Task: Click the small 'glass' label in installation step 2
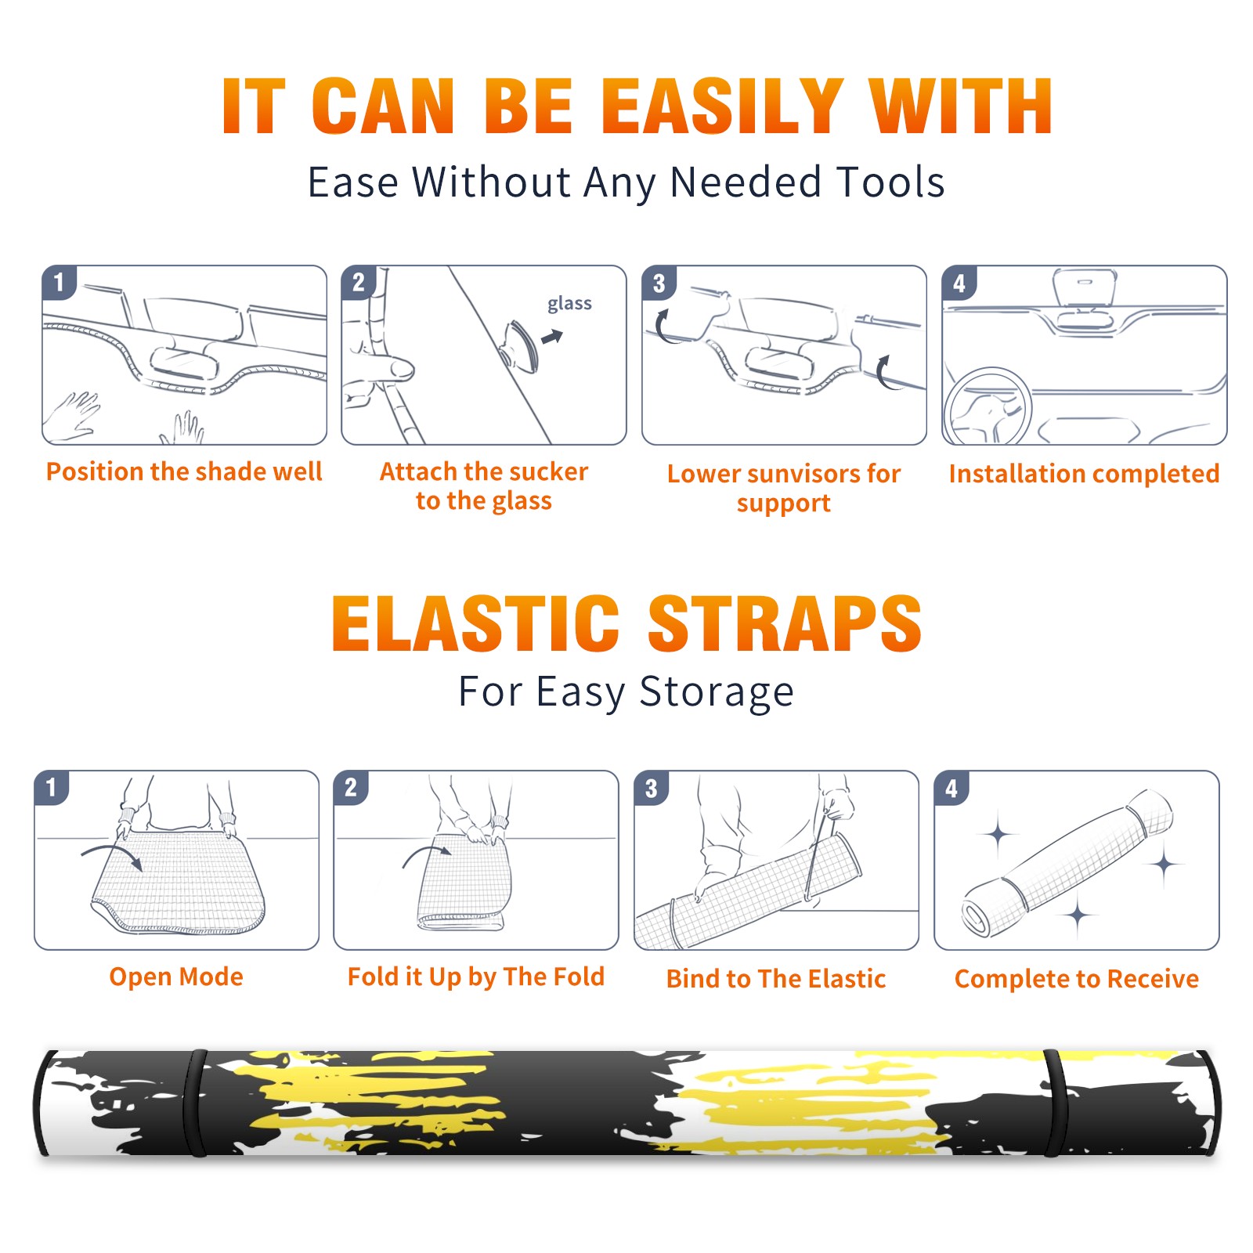569,304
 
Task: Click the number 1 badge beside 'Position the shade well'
59,282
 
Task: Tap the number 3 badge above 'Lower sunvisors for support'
659,283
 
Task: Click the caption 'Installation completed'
1084,474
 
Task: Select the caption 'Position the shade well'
184,471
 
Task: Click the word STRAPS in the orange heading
785,623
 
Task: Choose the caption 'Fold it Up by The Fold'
476,977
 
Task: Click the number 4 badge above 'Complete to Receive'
951,788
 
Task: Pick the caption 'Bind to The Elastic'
776,979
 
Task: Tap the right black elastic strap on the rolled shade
1055,1103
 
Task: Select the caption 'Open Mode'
176,977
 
